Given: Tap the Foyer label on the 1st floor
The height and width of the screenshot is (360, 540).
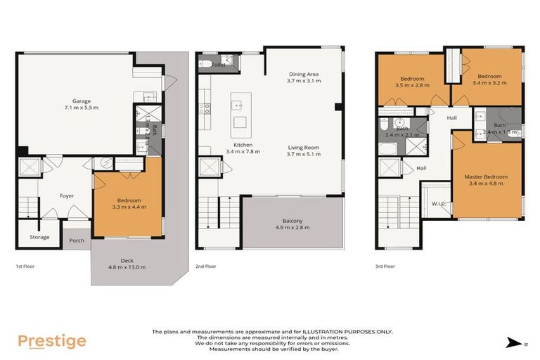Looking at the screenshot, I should coord(66,196).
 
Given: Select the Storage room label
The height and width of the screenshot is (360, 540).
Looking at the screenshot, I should coord(39,237).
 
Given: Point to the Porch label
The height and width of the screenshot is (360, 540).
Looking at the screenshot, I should coord(76,240).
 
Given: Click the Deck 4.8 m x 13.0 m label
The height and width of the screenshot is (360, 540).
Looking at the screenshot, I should coord(127,264).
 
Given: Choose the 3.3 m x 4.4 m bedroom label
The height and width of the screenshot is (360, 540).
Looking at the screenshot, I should coord(129,203).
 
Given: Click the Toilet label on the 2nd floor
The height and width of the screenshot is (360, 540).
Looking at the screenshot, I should coord(210,63).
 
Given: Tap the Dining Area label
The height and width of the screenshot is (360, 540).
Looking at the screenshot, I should coord(303,77).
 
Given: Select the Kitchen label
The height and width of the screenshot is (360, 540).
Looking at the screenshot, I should coord(243,147).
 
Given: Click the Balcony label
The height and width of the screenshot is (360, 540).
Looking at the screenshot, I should coord(292,224).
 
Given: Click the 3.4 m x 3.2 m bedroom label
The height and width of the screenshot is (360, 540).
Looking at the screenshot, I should coord(487,79).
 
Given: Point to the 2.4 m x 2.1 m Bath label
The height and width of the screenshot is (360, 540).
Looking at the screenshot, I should coord(401,131).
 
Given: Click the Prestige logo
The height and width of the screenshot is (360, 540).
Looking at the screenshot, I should coord(52,341).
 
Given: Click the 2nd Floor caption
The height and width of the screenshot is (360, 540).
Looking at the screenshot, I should coord(207,266).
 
